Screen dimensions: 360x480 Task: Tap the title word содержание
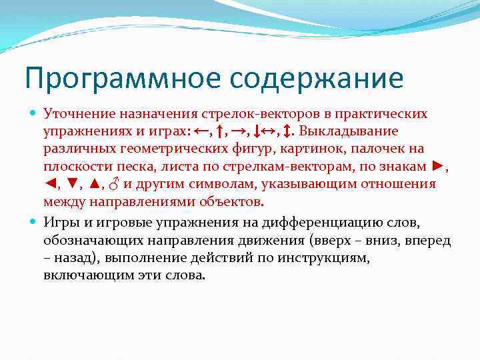[x=317, y=79]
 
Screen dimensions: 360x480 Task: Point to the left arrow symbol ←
[x=201, y=131]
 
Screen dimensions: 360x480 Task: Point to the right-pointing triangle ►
[x=438, y=165]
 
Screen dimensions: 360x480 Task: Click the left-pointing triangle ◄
[x=50, y=183]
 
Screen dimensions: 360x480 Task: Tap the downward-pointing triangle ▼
[x=71, y=183]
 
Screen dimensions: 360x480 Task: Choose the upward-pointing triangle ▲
[x=94, y=183]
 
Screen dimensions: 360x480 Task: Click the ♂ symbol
[x=115, y=183]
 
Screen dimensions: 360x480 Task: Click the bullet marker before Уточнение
[x=34, y=114]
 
